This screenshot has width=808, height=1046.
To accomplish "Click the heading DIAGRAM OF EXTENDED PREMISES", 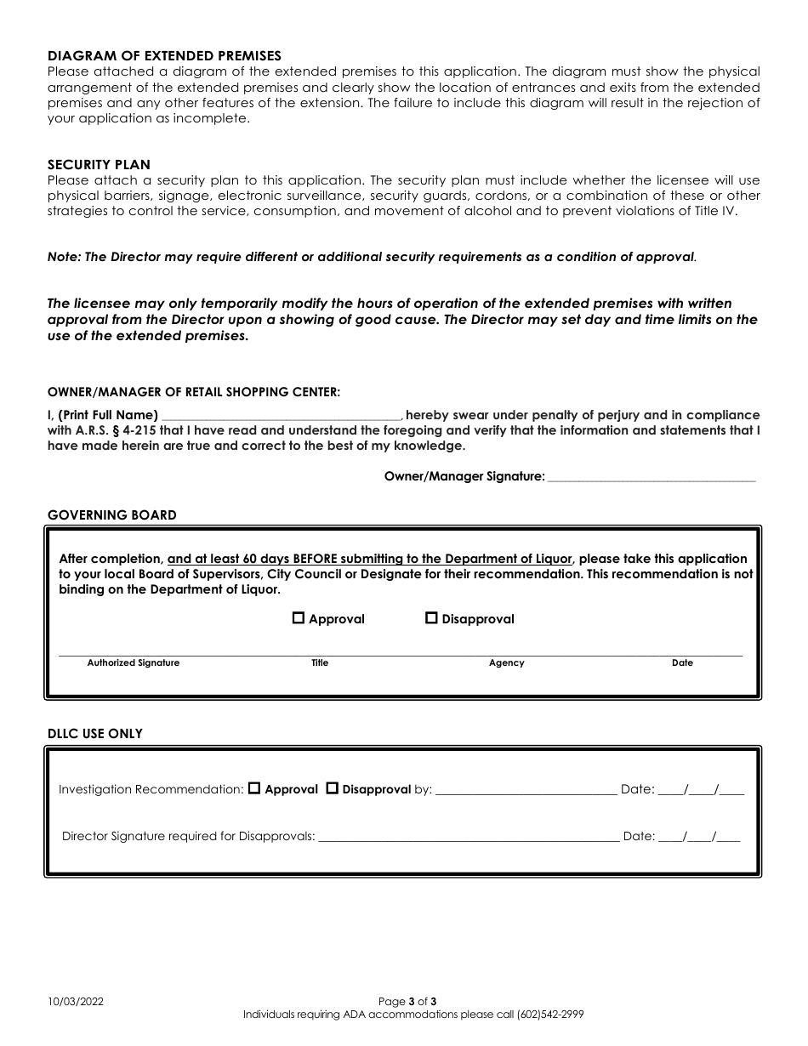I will [x=164, y=56].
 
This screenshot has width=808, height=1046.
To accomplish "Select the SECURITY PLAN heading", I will [x=99, y=165].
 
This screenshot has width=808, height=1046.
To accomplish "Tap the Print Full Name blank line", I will [x=281, y=415].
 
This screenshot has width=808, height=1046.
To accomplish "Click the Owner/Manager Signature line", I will [x=652, y=477].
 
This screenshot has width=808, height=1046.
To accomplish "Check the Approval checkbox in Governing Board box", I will [x=299, y=618].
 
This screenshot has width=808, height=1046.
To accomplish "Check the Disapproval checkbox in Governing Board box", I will [x=431, y=618].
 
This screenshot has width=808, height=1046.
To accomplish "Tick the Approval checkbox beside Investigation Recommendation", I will [x=254, y=788].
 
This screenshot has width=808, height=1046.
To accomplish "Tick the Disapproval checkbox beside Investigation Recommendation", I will [x=333, y=788].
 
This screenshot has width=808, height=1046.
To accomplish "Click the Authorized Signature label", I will [x=134, y=663].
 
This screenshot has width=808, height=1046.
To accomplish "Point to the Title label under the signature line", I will [x=320, y=663].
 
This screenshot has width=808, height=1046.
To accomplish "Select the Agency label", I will [x=507, y=663].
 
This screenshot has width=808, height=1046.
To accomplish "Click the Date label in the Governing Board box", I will [x=682, y=663].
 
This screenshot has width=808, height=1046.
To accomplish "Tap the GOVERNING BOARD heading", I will [x=112, y=515].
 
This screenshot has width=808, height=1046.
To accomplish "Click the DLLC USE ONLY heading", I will [x=95, y=734].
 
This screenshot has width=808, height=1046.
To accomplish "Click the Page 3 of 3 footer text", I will [x=407, y=1002].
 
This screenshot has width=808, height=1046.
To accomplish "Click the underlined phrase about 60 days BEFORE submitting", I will [x=370, y=559].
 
